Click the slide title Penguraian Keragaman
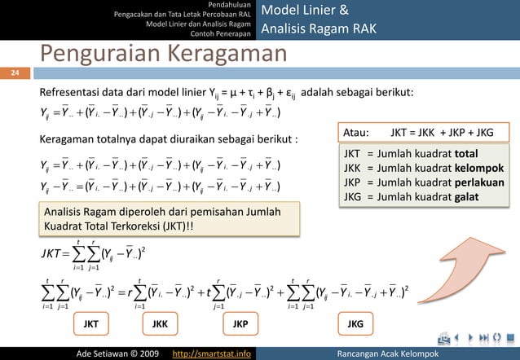pos(164,56)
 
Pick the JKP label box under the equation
pos(240,324)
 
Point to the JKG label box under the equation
pos(355,324)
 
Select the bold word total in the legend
pos(467,153)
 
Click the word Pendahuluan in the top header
pos(230,5)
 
